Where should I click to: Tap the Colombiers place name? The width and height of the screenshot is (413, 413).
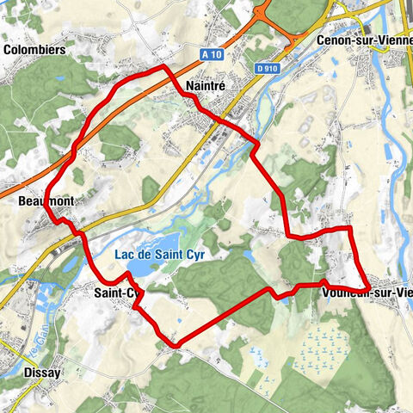point(35,50)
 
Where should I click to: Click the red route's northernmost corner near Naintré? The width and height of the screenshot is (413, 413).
point(163,66)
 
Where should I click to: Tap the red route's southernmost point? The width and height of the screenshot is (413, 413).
point(176,345)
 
